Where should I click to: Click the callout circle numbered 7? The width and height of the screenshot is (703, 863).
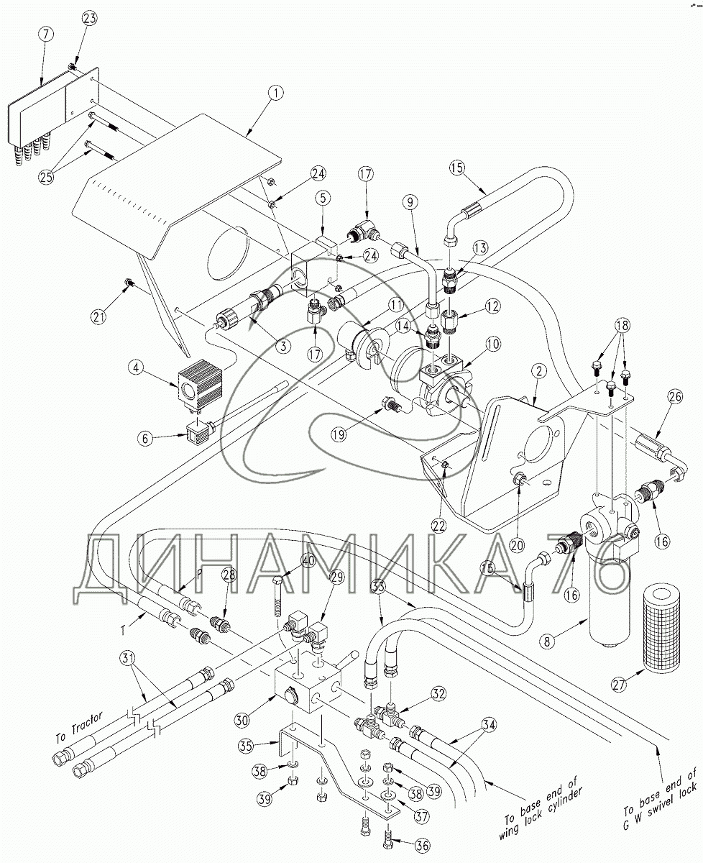pos(46,34)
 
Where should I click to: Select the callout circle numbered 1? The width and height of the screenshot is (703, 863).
pos(276,93)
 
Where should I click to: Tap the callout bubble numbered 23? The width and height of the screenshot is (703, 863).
pos(91,18)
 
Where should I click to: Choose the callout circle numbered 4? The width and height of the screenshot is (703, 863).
pos(137,367)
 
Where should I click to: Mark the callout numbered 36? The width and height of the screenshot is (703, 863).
pos(421,846)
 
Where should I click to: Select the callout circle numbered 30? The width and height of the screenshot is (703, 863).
pos(242,720)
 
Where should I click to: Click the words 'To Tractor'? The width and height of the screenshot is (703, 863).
pos(79,728)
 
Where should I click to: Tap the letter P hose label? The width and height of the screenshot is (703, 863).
pos(199,574)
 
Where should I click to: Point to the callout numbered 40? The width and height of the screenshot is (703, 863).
pos(309,561)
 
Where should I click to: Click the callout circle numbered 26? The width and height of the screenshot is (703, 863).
pos(675,397)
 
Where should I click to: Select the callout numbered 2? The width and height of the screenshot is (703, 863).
pos(540,370)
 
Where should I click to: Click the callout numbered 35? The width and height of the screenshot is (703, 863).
pos(247,746)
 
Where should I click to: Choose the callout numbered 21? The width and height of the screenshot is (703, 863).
pos(98,317)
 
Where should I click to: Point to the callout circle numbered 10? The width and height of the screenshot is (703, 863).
pos(494,344)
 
